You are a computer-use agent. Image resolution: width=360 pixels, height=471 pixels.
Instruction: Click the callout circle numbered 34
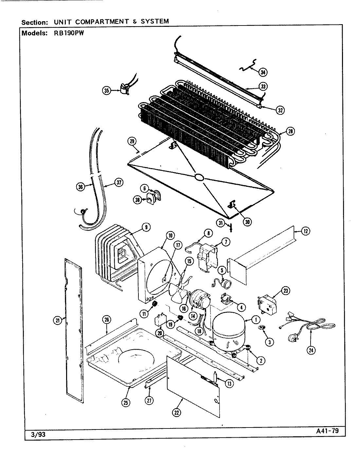[263, 72]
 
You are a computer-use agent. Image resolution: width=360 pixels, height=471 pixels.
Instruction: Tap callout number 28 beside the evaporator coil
[290, 131]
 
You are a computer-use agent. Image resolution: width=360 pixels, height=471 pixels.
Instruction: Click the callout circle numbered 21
[58, 321]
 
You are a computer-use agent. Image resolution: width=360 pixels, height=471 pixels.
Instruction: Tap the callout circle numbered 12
[305, 231]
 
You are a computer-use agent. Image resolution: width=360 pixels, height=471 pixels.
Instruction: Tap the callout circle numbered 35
[106, 91]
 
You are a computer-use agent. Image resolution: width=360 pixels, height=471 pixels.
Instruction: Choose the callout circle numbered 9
[146, 226]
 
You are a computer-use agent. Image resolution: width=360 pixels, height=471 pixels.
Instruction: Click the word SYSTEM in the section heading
[155, 22]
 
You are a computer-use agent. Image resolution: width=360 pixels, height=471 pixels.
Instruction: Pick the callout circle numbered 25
[125, 403]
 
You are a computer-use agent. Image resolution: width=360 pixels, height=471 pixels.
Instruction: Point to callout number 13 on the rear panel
[230, 384]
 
